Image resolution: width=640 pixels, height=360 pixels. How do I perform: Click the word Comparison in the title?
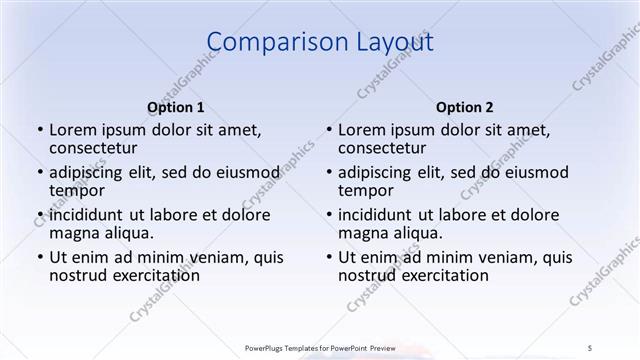pos(268,42)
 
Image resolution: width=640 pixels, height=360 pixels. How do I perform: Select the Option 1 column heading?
pos(176,107)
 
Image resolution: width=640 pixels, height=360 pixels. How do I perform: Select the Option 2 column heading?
pos(465,107)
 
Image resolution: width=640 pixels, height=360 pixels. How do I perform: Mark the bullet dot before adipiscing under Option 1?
pos(39,173)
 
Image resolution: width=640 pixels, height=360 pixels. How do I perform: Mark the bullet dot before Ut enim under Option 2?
pos(328,257)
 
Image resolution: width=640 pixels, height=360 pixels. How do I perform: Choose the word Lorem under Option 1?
pos(71,130)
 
